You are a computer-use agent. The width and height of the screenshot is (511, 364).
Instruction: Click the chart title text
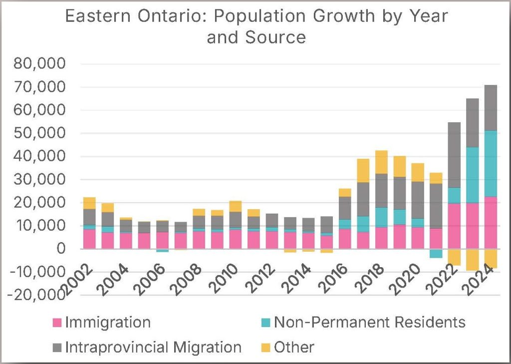click(x=256, y=26)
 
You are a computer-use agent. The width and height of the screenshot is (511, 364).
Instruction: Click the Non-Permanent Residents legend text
click(x=369, y=323)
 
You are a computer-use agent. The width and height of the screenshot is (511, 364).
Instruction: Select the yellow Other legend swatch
click(x=265, y=347)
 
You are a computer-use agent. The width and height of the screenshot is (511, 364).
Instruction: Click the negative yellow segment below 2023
click(x=473, y=260)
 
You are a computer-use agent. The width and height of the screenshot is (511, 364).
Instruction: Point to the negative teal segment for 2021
click(x=436, y=253)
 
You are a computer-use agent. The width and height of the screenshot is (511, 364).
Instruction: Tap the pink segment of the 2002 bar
click(x=89, y=239)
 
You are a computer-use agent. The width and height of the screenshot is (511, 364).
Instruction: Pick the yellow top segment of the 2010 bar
click(x=235, y=206)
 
